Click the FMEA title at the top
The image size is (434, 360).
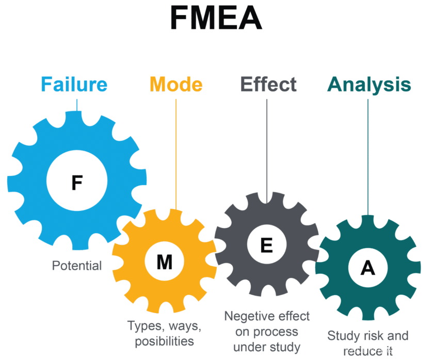coord(216,19)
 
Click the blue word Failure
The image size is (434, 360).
coord(74,84)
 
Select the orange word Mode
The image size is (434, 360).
coord(176,84)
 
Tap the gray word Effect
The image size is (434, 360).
coord(268,84)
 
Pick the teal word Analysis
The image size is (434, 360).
coord(369,85)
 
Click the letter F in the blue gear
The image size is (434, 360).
coord(77,183)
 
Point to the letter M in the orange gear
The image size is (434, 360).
coord(165,263)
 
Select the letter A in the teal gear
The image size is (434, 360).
coord(368,267)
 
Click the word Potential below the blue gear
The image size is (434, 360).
coord(77,266)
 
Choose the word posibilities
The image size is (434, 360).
coord(164,341)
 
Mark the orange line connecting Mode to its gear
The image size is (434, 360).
coord(176,155)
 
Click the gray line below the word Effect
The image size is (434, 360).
coord(267,150)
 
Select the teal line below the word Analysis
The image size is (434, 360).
coord(368,155)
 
